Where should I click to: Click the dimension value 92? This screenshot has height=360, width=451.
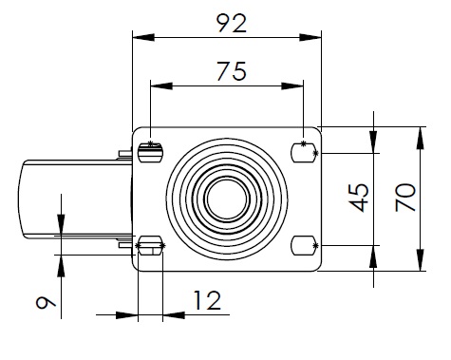(232, 23)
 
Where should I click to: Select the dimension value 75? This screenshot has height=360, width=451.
(232, 71)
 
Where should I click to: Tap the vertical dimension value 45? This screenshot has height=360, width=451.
(360, 198)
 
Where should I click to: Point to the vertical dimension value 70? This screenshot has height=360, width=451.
(405, 198)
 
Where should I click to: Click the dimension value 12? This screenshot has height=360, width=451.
(207, 300)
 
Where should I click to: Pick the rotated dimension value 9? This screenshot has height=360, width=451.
(46, 302)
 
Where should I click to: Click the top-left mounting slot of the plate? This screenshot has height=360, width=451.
(151, 153)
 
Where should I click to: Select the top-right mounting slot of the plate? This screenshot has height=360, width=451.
(304, 153)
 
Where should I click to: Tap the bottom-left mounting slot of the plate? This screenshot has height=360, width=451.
(150, 245)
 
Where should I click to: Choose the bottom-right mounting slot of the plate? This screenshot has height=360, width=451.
(304, 245)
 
